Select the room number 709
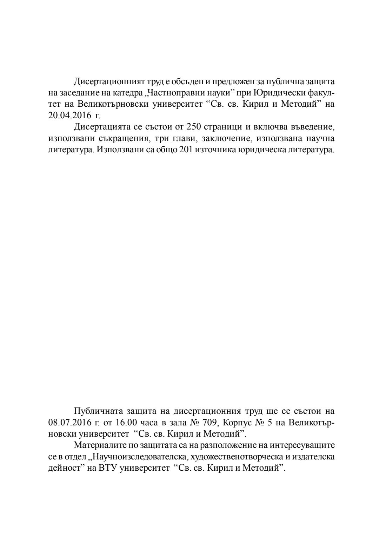[210, 422]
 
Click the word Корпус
[237, 422]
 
